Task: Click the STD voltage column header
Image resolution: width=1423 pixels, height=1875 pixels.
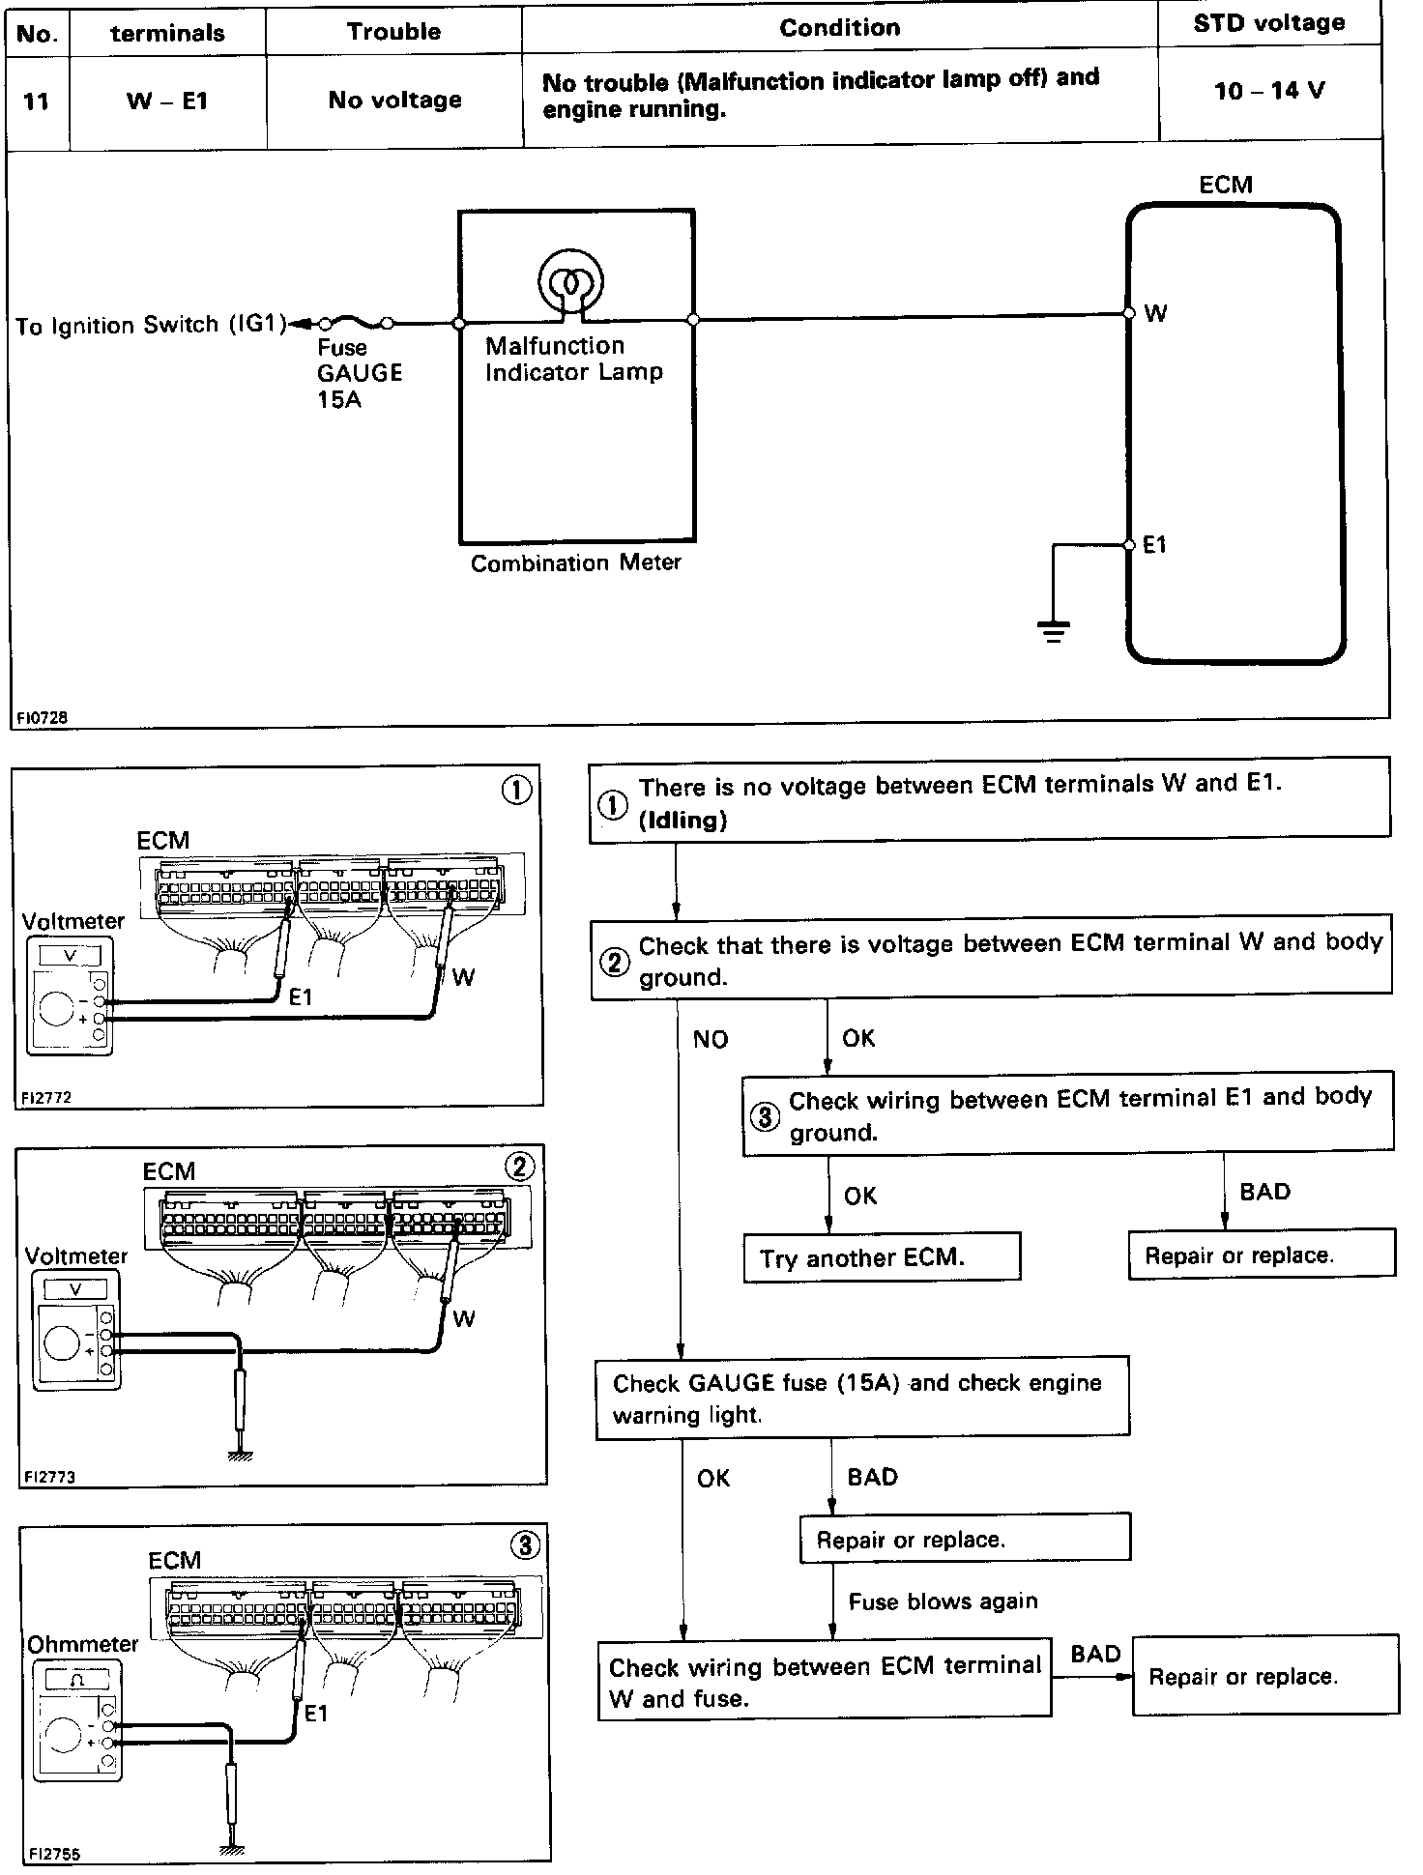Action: click(1268, 24)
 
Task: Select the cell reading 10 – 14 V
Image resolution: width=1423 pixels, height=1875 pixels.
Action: click(1268, 91)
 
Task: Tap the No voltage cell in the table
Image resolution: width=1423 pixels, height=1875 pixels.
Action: click(394, 100)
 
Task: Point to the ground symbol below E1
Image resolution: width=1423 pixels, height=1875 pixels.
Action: click(1053, 632)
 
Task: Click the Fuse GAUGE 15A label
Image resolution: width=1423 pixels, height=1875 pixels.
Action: click(359, 373)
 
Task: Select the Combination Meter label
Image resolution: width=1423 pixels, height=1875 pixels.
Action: click(575, 562)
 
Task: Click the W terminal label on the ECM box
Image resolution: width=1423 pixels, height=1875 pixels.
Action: click(1155, 313)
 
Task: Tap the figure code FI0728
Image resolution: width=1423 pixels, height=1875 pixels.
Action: click(42, 718)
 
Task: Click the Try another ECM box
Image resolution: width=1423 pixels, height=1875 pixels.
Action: click(881, 1257)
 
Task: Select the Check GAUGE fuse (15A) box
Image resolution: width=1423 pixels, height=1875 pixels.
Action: click(861, 1398)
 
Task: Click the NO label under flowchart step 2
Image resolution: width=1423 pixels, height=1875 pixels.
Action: click(711, 1039)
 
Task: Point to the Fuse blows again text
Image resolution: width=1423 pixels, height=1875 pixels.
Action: click(943, 1601)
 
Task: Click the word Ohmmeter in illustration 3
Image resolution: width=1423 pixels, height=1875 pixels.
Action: click(82, 1644)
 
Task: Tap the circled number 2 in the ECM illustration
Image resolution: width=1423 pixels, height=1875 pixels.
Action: click(519, 1168)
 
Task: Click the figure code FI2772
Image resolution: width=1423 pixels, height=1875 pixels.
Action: click(46, 1097)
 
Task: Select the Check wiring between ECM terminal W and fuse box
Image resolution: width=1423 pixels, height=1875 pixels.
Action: click(824, 1682)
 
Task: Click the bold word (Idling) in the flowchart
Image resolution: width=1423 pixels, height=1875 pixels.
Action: click(682, 821)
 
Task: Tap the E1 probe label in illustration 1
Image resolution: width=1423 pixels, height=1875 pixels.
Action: click(301, 995)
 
